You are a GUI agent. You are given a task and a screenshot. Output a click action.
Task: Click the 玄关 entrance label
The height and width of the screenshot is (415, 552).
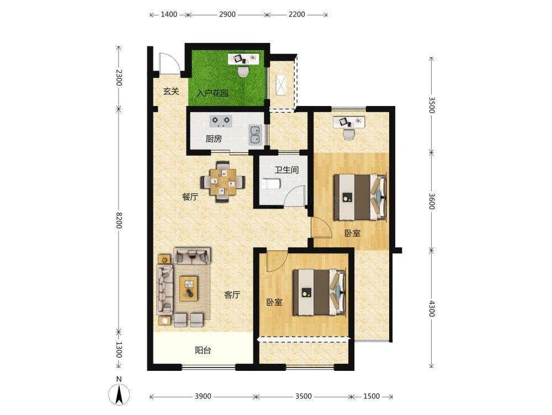pyautogui.click(x=171, y=92)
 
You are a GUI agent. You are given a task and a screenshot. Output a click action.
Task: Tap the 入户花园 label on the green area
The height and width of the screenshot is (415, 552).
pyautogui.click(x=213, y=93)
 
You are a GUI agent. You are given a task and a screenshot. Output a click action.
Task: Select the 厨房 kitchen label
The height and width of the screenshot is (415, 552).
pyautogui.click(x=214, y=139)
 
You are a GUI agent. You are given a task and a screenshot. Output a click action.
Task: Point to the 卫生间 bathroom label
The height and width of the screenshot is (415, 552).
pyautogui.click(x=286, y=170)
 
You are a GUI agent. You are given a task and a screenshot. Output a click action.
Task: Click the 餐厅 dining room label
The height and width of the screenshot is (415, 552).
pyautogui.click(x=190, y=197)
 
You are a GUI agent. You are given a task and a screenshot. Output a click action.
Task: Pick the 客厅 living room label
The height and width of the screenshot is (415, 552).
pyautogui.click(x=232, y=295)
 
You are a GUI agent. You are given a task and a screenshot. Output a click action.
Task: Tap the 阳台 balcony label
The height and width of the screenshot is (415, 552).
pyautogui.click(x=203, y=350)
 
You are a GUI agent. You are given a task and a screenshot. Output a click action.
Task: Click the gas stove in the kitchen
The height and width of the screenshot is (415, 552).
pyautogui.click(x=221, y=121)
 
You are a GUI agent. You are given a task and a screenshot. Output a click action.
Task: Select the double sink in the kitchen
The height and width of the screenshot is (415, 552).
pyautogui.click(x=255, y=135)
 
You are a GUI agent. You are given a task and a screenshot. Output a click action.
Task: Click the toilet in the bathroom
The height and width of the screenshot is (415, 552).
pyautogui.click(x=272, y=184)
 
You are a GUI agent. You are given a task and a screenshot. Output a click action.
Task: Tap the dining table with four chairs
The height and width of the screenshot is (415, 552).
pyautogui.click(x=223, y=182)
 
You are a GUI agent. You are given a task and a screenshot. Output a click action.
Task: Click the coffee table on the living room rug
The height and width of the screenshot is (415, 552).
pyautogui.click(x=189, y=289)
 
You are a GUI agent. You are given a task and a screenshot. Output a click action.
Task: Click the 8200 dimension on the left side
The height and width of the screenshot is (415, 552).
pyautogui.click(x=119, y=221)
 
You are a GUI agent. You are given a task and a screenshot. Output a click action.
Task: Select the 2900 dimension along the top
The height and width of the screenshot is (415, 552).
pyautogui.click(x=227, y=14)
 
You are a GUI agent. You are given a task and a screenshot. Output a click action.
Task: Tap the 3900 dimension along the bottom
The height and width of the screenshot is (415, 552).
pyautogui.click(x=203, y=397)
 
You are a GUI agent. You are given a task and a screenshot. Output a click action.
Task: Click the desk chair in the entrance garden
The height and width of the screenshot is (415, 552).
pyautogui.click(x=243, y=71)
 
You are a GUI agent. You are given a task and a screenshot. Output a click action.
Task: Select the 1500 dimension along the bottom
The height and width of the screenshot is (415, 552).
pyautogui.click(x=371, y=397)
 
